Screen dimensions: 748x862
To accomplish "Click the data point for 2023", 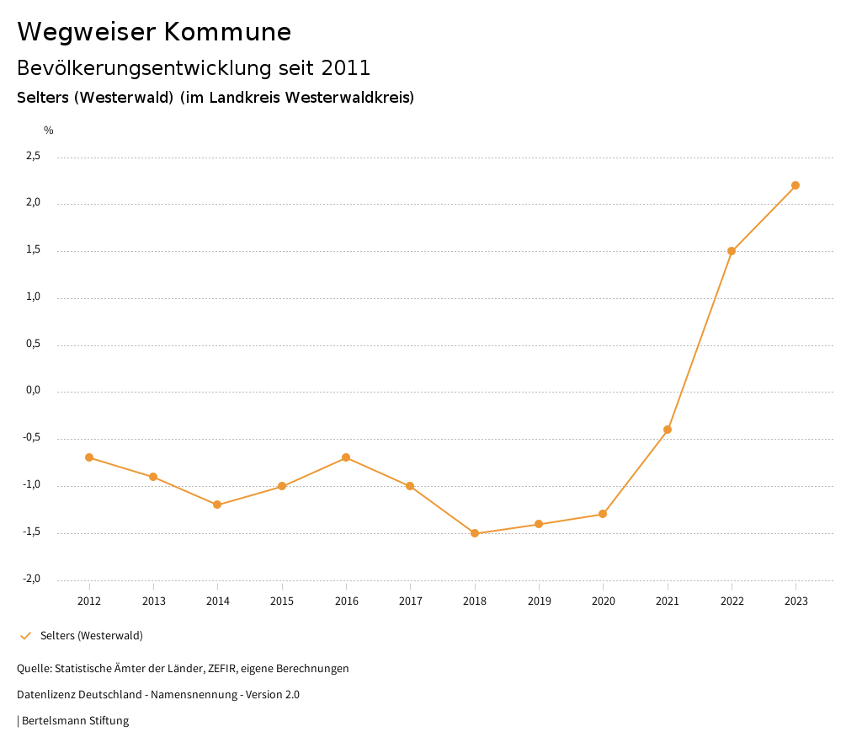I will click(795, 185).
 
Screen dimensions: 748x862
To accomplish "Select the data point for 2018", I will click(475, 533).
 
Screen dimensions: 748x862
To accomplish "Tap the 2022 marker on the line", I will click(732, 251).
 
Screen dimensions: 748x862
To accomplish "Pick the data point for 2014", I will click(217, 505).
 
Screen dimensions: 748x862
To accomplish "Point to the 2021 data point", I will click(668, 430).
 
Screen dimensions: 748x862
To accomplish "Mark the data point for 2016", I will click(346, 457).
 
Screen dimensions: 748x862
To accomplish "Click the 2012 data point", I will click(89, 457).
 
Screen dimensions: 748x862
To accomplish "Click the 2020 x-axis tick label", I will click(604, 601).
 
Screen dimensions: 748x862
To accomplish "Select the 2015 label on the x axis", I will click(282, 601).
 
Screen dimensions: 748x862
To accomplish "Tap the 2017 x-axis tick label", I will click(410, 601).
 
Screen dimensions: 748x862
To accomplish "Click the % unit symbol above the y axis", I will click(49, 131).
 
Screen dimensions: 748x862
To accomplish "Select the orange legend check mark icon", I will click(25, 636).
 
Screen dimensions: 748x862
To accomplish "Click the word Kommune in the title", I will click(227, 32).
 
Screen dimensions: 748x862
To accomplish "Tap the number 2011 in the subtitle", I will click(346, 67).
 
